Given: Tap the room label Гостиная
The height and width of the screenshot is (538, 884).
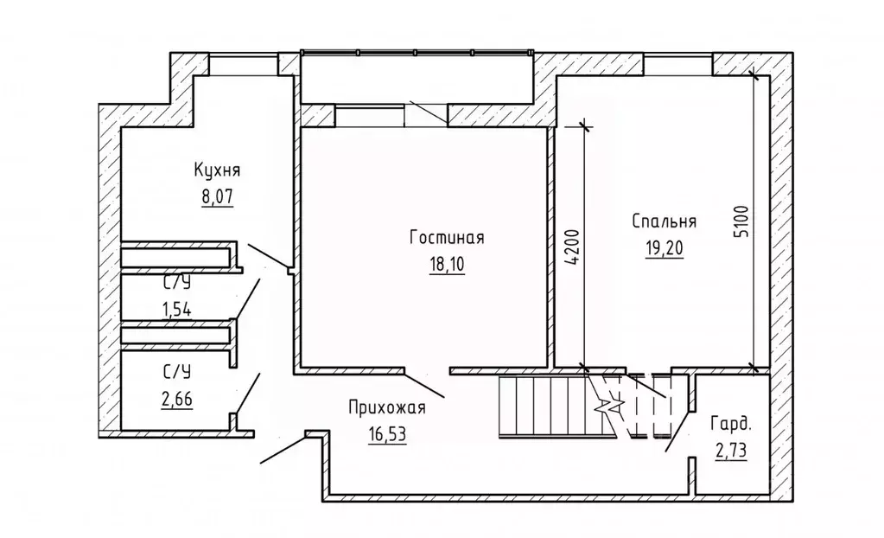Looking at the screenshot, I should click(x=446, y=239).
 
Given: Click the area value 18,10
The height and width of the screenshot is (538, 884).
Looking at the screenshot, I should click(x=447, y=265).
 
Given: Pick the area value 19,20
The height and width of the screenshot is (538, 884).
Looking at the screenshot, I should click(x=664, y=248).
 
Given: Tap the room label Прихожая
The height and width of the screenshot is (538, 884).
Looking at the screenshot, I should click(x=385, y=407).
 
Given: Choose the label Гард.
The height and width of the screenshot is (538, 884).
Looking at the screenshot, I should click(x=731, y=425).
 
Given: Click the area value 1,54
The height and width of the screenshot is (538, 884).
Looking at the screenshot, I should click(x=177, y=306).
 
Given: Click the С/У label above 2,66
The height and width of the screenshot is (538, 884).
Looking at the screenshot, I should click(x=177, y=372).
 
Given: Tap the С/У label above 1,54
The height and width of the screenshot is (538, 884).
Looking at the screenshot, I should click(x=177, y=283).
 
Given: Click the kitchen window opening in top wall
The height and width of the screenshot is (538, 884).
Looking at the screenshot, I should click(x=243, y=65).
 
